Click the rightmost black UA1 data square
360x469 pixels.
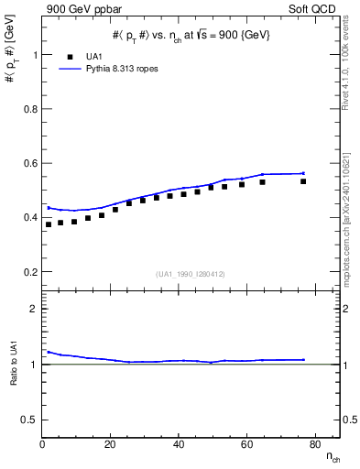click(x=303, y=181)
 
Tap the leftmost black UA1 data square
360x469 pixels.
click(x=49, y=224)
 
